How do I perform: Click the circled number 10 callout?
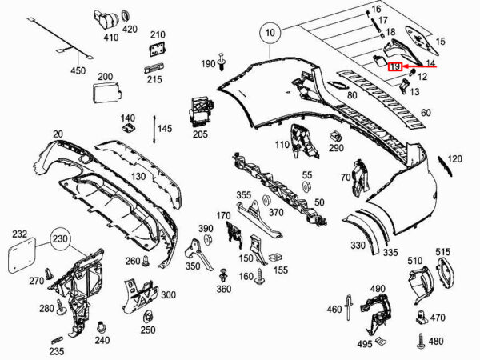(x=270, y=34)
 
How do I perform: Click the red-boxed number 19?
(x=394, y=67)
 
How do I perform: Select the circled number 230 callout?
(x=61, y=238)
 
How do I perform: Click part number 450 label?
(x=78, y=71)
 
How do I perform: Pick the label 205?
(x=199, y=134)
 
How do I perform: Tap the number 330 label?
(x=357, y=246)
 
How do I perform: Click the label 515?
(x=443, y=252)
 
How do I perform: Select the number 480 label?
(x=436, y=341)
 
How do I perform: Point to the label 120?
(x=455, y=159)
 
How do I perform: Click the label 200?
(x=106, y=77)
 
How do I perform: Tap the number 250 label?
(x=148, y=330)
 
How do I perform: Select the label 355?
(x=243, y=195)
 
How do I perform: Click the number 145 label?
(x=165, y=129)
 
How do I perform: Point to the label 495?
(x=365, y=344)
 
